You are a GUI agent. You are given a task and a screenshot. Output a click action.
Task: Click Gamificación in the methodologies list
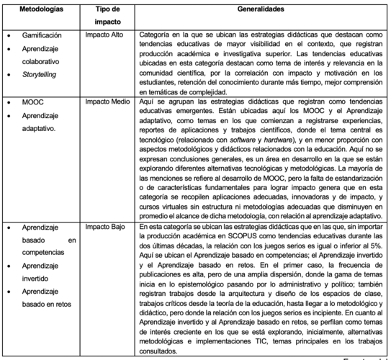[x=42, y=35]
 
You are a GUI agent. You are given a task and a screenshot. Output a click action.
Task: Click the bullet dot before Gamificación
[x=7, y=35]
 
